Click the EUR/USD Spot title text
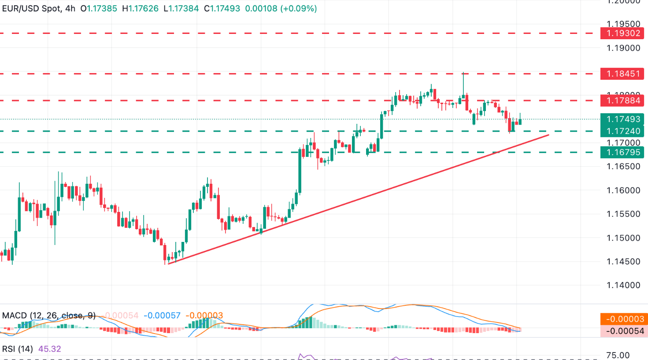coord(32,8)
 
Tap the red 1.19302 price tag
coord(623,33)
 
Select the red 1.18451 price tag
coord(623,74)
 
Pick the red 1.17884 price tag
coord(623,101)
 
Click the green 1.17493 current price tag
coord(623,119)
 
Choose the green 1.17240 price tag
coord(623,131)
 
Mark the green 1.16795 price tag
coord(623,152)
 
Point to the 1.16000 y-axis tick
coord(623,190)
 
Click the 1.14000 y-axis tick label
coord(623,285)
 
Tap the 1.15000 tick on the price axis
coord(623,238)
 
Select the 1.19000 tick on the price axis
coord(623,48)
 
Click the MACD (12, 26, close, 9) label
coord(48,315)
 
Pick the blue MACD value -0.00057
coord(162,315)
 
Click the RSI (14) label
coord(18,349)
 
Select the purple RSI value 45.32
coord(50,349)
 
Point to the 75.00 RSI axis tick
coord(618,355)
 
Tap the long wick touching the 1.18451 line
coord(463,82)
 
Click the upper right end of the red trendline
coord(548,135)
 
